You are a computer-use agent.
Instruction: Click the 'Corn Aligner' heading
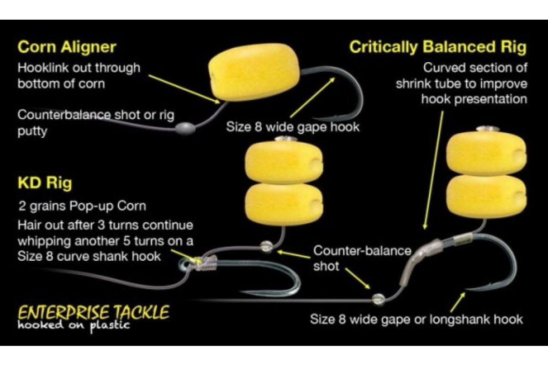tap(67, 47)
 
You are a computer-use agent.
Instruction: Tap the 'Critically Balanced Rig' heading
tap(438, 47)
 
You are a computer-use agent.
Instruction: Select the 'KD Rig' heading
tap(44, 183)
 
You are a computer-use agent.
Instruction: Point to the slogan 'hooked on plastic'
tap(74, 325)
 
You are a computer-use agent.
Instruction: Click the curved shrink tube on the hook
tap(418, 261)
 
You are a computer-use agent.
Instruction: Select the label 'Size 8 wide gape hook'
tap(293, 127)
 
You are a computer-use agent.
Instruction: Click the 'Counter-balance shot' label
tap(362, 258)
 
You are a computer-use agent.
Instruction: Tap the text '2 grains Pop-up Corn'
tap(82, 206)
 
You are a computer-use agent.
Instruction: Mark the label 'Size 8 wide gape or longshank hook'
tap(416, 318)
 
